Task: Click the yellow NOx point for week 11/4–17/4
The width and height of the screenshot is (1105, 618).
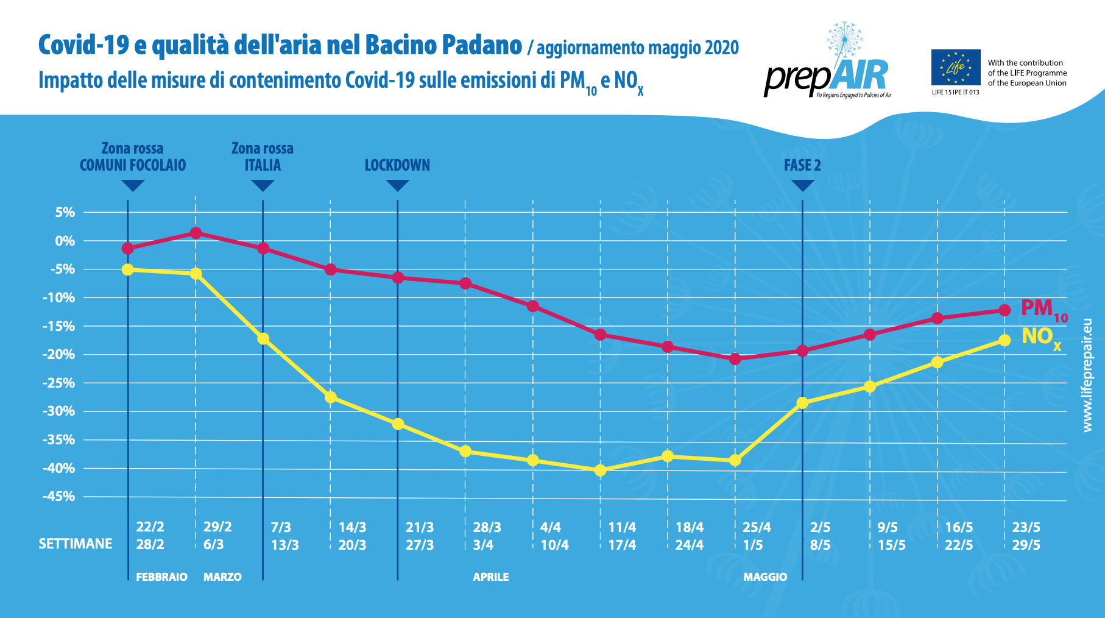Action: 600,470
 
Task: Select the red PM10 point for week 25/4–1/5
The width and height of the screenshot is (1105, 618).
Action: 735,359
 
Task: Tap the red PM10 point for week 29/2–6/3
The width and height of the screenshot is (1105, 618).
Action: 196,233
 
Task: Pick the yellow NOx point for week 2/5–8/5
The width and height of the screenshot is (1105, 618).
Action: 802,403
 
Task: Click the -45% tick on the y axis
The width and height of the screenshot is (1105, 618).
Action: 58,497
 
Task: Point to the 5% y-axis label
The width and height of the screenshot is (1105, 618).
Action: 65,213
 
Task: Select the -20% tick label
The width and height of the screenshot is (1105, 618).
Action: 58,355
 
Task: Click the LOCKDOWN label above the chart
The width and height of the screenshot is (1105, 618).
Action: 397,165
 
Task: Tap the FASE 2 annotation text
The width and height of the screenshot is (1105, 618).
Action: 802,165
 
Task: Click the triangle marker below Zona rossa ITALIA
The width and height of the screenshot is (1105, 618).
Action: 263,185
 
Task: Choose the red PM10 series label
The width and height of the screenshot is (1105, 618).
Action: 1043,309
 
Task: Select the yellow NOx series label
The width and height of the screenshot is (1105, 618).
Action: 1041,337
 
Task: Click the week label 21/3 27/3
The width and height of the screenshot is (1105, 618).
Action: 420,536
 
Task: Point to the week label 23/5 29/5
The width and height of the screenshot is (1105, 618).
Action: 1026,536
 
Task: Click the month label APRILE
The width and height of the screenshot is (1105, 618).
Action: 490,577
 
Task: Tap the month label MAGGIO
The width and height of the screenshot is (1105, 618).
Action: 765,577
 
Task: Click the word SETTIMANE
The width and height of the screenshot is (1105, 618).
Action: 76,544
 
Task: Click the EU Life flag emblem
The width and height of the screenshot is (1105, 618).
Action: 955,68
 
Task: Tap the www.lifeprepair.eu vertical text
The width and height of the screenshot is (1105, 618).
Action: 1087,375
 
